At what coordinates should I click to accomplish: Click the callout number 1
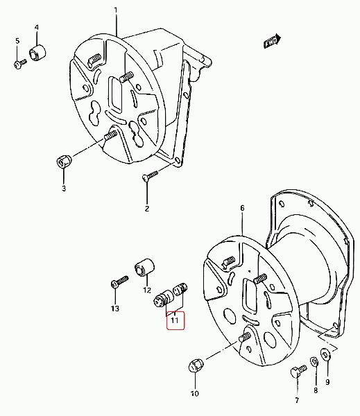[x=116, y=10]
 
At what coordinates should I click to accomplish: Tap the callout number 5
[x=17, y=41]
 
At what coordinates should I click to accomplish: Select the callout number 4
[x=37, y=27]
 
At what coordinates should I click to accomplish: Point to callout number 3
[x=64, y=189]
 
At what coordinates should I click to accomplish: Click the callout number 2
[x=147, y=209]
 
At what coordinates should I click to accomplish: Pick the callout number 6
[x=242, y=208]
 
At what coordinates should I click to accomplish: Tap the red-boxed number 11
[x=175, y=320]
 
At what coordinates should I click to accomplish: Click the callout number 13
[x=115, y=309]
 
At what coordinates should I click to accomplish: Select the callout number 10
[x=195, y=393]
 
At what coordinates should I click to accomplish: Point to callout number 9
[x=327, y=382]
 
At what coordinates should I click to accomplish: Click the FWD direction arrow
[x=273, y=41]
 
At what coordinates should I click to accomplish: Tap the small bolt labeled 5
[x=20, y=64]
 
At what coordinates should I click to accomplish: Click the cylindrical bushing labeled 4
[x=37, y=52]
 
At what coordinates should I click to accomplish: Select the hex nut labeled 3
[x=64, y=162]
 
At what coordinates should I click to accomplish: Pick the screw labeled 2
[x=151, y=175]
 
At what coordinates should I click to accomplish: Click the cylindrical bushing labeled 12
[x=145, y=267]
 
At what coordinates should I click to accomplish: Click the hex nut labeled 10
[x=196, y=366]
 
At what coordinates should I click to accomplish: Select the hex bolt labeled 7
[x=299, y=371]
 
